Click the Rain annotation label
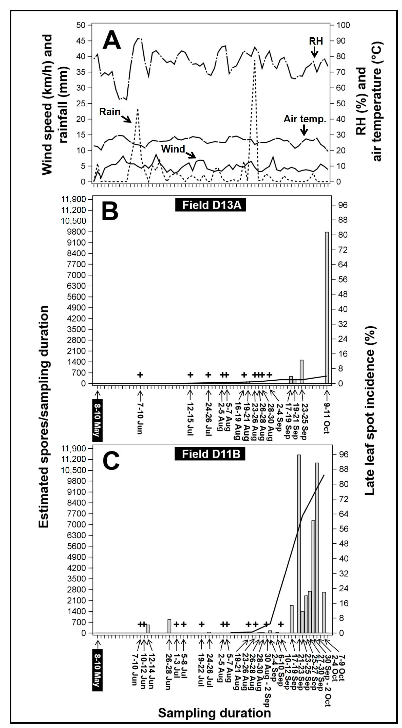tap(110, 112)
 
